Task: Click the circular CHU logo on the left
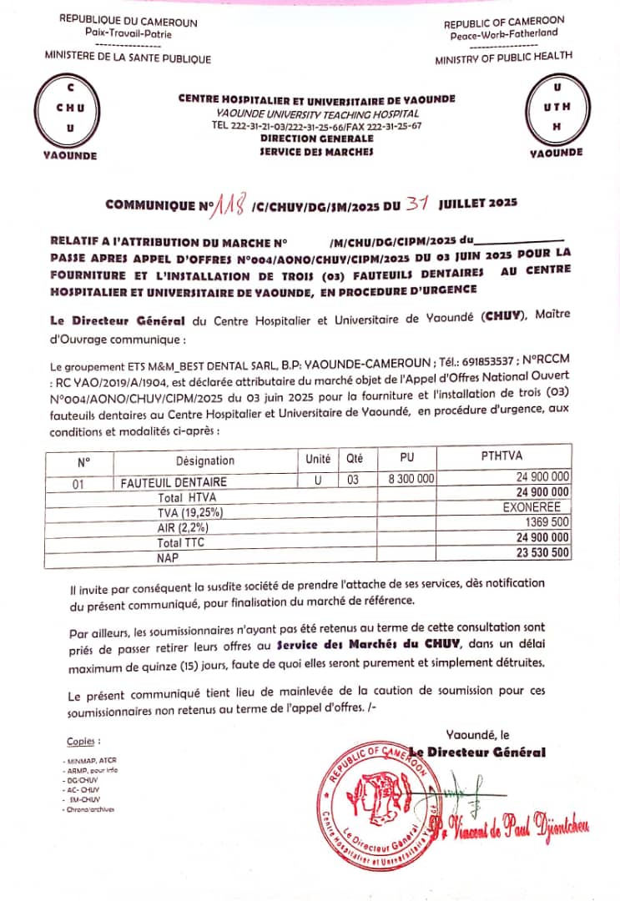click(69, 109)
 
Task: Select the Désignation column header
click(205, 460)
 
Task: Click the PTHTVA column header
click(502, 456)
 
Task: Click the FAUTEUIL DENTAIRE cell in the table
click(174, 482)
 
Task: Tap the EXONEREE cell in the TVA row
click(536, 506)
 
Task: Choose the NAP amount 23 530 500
click(542, 551)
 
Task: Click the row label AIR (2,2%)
click(182, 528)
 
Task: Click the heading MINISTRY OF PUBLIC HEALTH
click(503, 57)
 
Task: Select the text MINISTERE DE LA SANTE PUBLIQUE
click(128, 58)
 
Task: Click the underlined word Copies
click(83, 741)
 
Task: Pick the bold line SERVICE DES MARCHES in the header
click(316, 152)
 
